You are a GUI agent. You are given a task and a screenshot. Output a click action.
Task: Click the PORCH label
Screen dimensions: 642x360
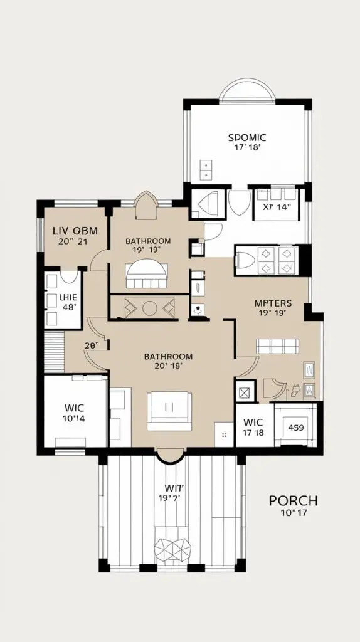click(x=293, y=500)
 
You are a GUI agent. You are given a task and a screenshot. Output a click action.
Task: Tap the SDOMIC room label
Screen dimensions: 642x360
click(x=247, y=137)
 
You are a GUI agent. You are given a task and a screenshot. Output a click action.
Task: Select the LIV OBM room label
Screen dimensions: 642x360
click(x=74, y=231)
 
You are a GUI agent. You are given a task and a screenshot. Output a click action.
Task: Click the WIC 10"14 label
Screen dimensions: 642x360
click(x=75, y=413)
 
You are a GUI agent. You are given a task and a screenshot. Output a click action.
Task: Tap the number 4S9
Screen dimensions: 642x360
click(x=295, y=429)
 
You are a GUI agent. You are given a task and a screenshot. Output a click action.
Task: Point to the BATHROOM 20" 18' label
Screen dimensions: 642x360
click(x=168, y=361)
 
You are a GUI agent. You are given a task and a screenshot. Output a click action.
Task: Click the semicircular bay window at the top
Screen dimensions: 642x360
click(x=246, y=90)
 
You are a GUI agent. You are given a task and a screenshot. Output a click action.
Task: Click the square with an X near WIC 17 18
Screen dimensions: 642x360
click(x=243, y=393)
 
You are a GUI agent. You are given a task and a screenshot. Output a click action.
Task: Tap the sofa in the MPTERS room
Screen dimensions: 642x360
click(x=277, y=345)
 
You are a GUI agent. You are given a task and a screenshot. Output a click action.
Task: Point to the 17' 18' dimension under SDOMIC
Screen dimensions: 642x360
click(x=247, y=149)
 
